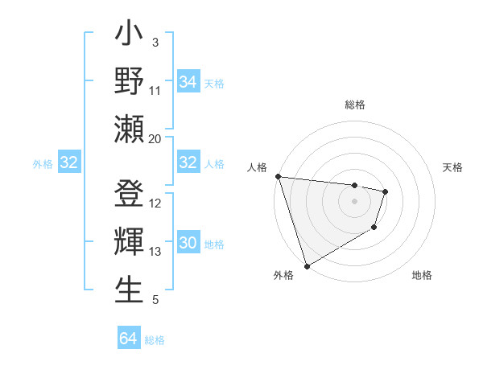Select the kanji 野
129,81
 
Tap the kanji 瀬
129,129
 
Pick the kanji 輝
129,242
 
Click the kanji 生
129,290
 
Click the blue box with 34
188,82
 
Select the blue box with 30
188,244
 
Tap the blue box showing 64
128,339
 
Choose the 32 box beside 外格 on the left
68,163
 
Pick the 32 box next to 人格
188,163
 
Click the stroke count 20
155,138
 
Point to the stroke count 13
155,252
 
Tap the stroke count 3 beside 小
155,42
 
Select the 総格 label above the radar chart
355,105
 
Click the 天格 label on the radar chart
453,167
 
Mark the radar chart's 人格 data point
277,176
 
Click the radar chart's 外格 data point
307,265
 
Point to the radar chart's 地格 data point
374,228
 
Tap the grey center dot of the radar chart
355,201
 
